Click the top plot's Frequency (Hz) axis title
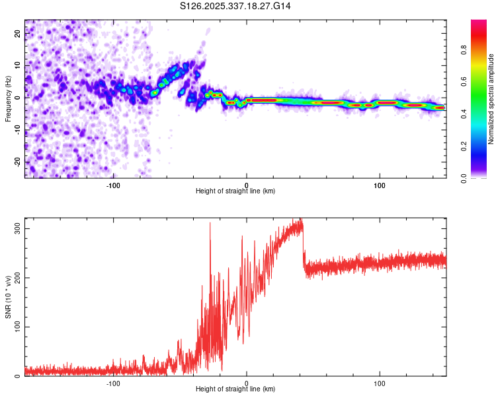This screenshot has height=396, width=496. [x=8, y=99]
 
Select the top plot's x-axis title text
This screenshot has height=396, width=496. [x=235, y=191]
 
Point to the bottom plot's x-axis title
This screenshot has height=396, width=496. [x=235, y=389]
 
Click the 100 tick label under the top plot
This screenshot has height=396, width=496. [x=380, y=185]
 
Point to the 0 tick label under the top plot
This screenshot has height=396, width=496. [x=247, y=185]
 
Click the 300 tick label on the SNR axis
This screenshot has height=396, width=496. [x=15, y=228]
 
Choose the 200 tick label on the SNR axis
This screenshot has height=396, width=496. [x=15, y=278]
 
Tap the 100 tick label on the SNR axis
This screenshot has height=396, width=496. [x=15, y=327]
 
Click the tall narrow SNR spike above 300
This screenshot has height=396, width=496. [x=210, y=224]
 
